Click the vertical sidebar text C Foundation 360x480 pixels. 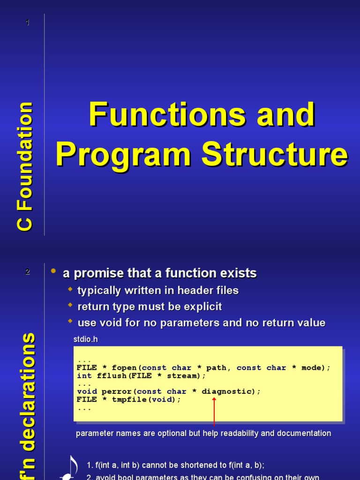pyautogui.click(x=25, y=166)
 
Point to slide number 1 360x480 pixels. pyautogui.click(x=28, y=22)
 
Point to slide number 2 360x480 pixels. pyautogui.click(x=28, y=272)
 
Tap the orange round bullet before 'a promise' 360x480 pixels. pyautogui.click(x=53, y=271)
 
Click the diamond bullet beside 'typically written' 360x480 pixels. pyautogui.click(x=71, y=289)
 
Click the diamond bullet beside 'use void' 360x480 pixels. pyautogui.click(x=71, y=322)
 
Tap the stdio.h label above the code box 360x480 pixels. pyautogui.click(x=86, y=339)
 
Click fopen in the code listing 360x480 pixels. pyautogui.click(x=124, y=367)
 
